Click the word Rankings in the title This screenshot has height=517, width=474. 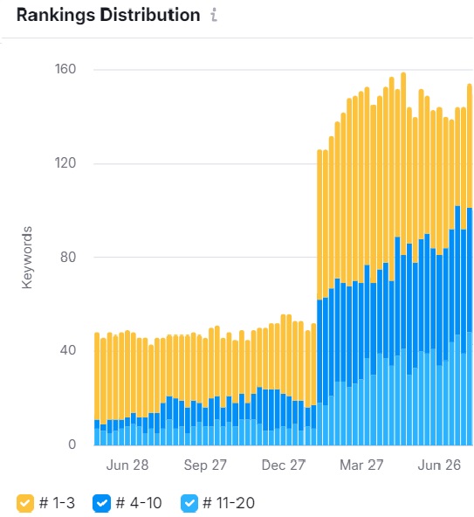[x=54, y=17]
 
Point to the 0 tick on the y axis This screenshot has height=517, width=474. [x=73, y=445]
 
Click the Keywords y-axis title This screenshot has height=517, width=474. [x=28, y=258]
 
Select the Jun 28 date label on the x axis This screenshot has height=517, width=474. [x=127, y=465]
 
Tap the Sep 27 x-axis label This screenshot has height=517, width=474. [x=206, y=465]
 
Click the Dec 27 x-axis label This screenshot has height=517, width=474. [x=285, y=465]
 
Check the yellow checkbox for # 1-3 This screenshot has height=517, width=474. [x=26, y=503]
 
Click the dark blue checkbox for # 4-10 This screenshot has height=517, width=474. [x=101, y=503]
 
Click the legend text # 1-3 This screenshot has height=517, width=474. [x=58, y=503]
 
